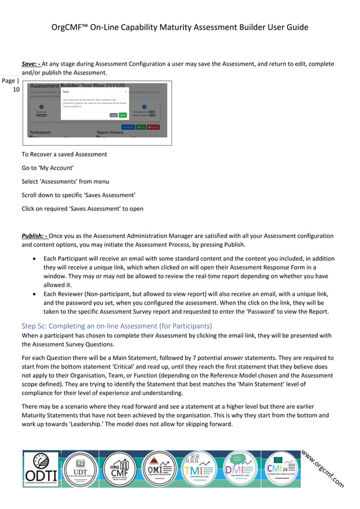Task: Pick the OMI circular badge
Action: pos(159,468)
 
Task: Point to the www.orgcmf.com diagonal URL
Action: pos(322,468)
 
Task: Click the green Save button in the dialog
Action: pos(122,115)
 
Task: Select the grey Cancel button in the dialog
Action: pos(113,115)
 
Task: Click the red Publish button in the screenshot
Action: pos(153,127)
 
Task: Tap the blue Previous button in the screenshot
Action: pos(129,127)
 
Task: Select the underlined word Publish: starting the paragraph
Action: pos(34,236)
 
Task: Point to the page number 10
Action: pos(16,90)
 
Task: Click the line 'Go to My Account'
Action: pos(48,168)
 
